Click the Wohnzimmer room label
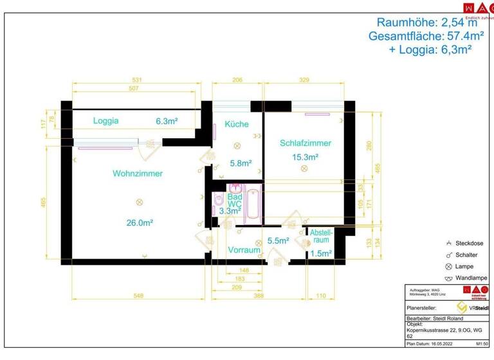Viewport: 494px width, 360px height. click(x=138, y=174)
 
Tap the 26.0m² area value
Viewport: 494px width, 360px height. click(x=140, y=222)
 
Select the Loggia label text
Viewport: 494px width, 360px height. click(x=105, y=120)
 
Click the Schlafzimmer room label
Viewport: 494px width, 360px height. click(x=306, y=143)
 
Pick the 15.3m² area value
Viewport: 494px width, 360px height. click(x=306, y=157)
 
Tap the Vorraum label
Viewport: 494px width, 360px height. click(x=242, y=250)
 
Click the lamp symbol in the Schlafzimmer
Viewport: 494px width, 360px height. click(x=304, y=168)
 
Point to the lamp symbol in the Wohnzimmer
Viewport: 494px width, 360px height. click(x=139, y=202)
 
